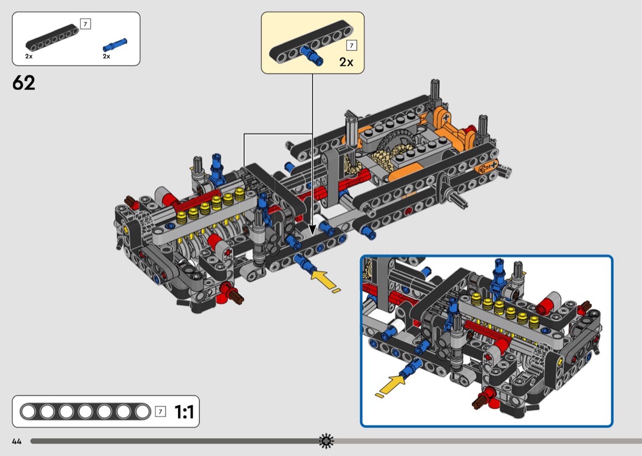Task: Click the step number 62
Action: tap(24, 83)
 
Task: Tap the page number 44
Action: tap(17, 441)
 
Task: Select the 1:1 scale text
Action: tap(184, 412)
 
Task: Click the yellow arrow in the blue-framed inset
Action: tap(391, 385)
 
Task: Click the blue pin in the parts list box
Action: tap(115, 45)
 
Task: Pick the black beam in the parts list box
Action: tap(53, 38)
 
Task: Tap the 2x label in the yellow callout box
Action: tap(346, 62)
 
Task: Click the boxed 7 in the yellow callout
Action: tap(352, 45)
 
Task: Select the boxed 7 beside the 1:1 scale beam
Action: tap(160, 411)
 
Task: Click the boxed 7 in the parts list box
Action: tap(85, 24)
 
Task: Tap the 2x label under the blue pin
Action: tap(106, 56)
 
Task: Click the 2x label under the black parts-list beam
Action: tap(29, 56)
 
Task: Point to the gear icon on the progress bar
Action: tap(327, 441)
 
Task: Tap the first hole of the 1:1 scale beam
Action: tap(28, 412)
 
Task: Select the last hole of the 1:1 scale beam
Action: tap(142, 412)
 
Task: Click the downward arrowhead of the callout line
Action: tap(312, 231)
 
